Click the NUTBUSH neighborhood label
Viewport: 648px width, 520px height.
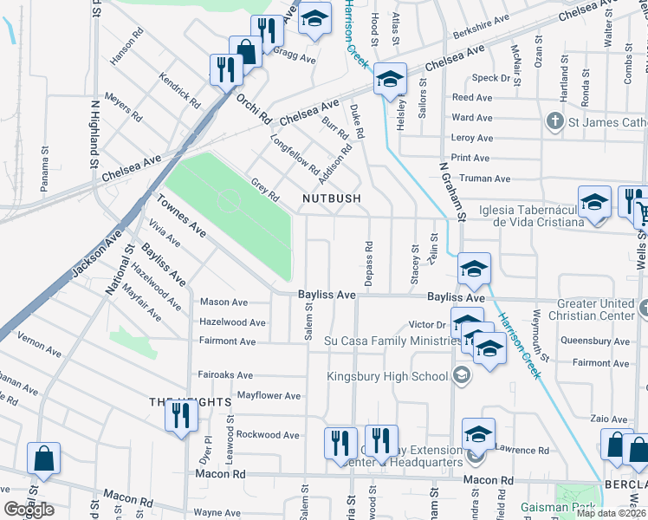point(331,198)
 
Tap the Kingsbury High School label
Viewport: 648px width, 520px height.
point(386,375)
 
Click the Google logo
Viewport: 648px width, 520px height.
point(29,509)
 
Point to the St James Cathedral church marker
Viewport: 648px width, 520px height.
point(555,122)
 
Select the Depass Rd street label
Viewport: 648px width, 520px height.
point(368,256)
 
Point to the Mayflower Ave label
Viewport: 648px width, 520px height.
point(269,396)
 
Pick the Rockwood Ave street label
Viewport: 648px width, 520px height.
point(269,434)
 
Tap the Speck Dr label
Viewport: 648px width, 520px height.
point(491,78)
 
